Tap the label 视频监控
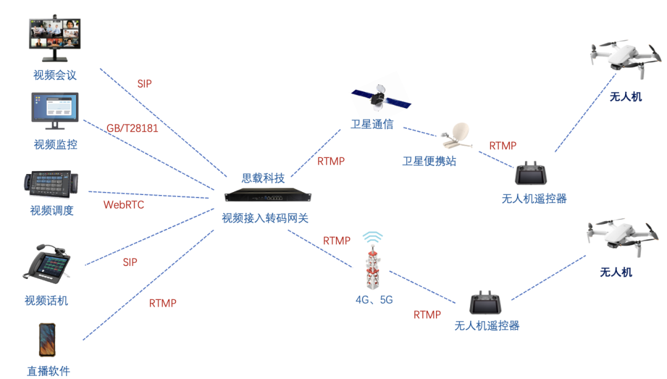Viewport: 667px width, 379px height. [56, 145]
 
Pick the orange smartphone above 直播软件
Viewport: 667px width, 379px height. [47, 340]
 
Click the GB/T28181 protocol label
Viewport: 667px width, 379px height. [132, 128]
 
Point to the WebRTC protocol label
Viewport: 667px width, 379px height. [124, 204]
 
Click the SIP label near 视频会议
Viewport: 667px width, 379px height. [145, 84]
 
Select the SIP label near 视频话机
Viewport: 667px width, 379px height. [130, 262]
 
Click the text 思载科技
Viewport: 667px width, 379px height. [263, 178]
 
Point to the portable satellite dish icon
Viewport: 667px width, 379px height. [460, 135]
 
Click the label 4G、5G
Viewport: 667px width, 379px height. [374, 300]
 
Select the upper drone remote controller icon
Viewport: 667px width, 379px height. [533, 175]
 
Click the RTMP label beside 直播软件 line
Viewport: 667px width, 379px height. [162, 303]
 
